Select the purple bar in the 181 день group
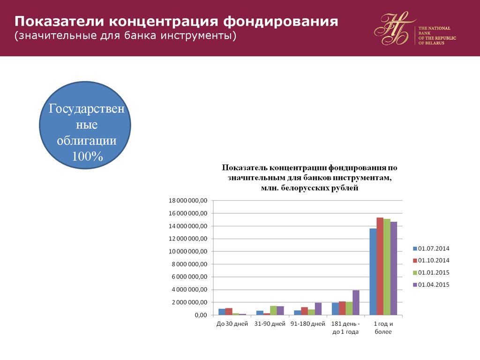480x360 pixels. (356, 302)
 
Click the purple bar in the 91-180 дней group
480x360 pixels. (318, 308)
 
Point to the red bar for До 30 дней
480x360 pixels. (229, 311)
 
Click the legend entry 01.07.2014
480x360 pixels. (431, 248)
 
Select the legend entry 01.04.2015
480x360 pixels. (431, 285)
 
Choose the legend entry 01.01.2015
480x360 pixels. (431, 272)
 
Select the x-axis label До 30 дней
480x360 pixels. (232, 324)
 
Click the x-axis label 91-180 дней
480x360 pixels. (307, 324)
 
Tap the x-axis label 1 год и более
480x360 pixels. (383, 328)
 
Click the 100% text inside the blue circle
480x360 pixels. (87, 156)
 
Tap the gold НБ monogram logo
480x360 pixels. (394, 28)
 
